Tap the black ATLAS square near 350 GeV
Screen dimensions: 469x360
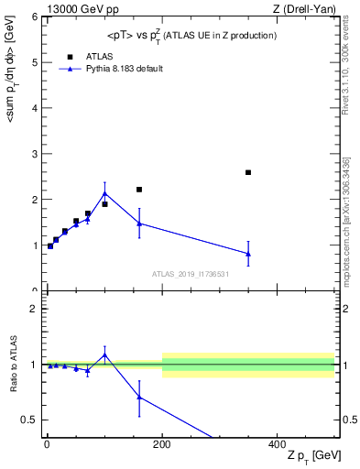[x=248, y=172]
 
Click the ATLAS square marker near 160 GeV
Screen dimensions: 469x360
[x=139, y=190]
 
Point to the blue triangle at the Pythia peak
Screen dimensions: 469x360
[x=104, y=193]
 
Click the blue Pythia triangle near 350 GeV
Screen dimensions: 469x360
[x=248, y=254]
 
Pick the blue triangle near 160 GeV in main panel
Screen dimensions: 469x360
[x=139, y=223]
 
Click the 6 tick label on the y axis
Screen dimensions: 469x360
[x=34, y=17]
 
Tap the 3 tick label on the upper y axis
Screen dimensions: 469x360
[x=34, y=154]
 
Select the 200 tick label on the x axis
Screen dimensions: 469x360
[x=162, y=443]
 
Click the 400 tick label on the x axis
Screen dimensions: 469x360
[x=278, y=443]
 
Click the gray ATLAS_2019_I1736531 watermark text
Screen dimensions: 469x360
[x=190, y=274]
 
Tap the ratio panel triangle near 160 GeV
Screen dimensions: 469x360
[x=139, y=397]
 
